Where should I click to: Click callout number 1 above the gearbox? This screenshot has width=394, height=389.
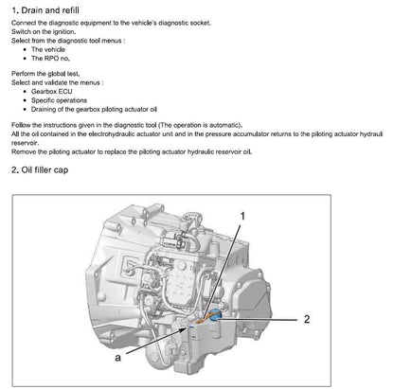click(242, 217)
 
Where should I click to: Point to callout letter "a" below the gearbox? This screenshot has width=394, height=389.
click(116, 360)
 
